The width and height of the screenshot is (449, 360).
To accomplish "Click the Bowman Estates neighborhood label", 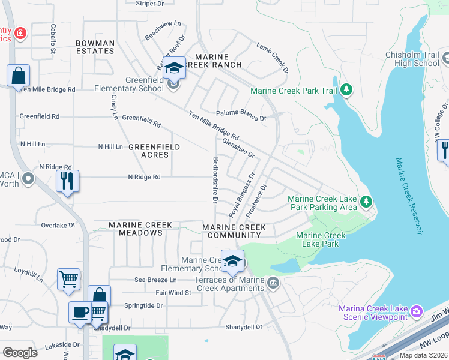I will (95, 47).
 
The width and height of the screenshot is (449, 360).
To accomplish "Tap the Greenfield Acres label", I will (154, 151).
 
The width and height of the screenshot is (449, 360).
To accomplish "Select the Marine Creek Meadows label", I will (140, 229).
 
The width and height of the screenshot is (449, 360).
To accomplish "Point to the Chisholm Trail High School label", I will (412, 59).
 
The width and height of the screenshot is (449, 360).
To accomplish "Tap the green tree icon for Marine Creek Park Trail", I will (346, 90).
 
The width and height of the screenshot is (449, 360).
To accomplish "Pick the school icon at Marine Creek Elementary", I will (232, 262).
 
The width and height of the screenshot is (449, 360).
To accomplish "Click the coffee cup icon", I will (80, 312).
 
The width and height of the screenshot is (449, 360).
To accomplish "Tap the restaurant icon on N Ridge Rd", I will (67, 180).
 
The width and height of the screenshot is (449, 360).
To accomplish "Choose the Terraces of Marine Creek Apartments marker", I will (273, 282).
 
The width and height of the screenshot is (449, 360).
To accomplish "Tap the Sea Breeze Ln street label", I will (155, 280).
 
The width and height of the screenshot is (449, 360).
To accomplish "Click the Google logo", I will (20, 353).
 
